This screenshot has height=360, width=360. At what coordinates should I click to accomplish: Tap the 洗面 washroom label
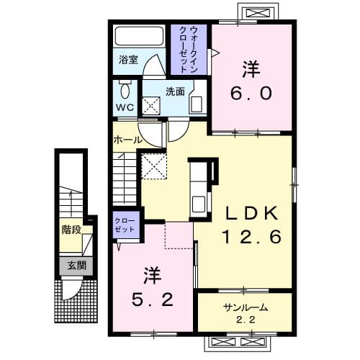click(x=175, y=91)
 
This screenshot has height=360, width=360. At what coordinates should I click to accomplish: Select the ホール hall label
click(x=127, y=139)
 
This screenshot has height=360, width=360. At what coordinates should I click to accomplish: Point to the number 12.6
click(x=251, y=237)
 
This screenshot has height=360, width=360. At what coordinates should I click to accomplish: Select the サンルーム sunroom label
click(x=245, y=307)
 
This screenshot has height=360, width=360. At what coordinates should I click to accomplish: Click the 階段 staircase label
click(x=71, y=232)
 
